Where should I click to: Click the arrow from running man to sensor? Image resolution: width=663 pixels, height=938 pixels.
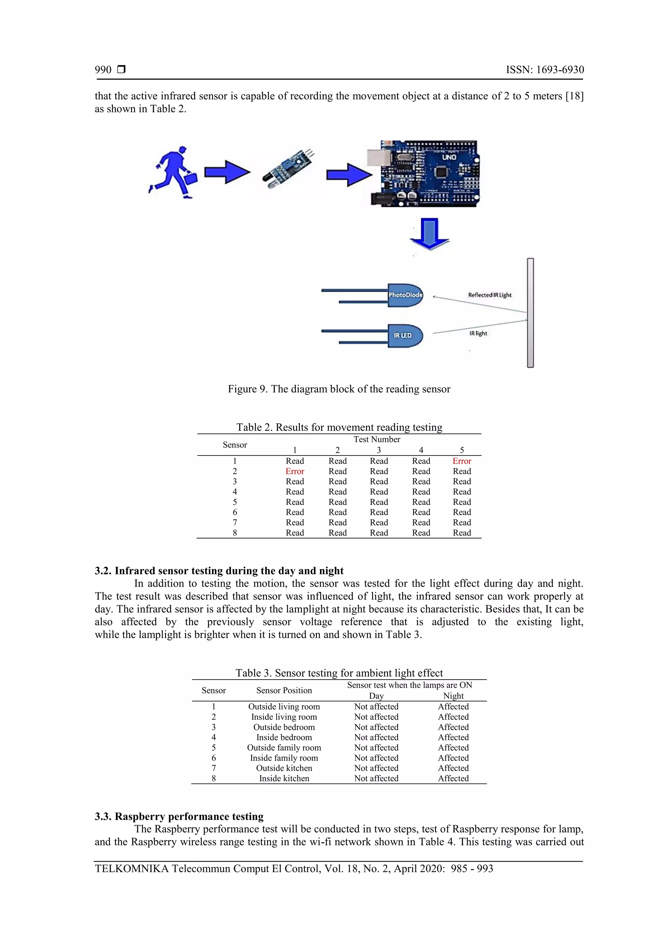click(227, 172)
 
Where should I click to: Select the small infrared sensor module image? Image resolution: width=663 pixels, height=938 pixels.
click(288, 169)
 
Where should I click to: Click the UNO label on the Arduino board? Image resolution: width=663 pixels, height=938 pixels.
click(449, 157)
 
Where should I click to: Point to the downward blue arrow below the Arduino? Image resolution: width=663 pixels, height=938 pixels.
click(429, 234)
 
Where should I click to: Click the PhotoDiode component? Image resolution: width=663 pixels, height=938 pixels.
click(405, 295)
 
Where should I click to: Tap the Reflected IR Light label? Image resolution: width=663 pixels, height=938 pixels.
click(489, 295)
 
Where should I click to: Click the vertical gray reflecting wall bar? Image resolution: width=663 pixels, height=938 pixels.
click(530, 313)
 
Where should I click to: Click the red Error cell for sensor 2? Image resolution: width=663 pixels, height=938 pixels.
click(295, 471)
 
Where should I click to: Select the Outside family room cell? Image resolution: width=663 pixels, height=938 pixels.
click(284, 748)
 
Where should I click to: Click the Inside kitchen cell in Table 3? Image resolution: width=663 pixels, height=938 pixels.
click(284, 778)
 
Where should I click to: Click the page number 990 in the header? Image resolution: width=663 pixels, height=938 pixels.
click(103, 70)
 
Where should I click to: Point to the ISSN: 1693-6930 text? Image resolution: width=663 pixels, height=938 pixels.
click(545, 70)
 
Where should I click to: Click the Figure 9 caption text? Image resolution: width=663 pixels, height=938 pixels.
click(339, 389)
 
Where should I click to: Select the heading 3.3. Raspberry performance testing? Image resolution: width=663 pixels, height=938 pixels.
click(179, 816)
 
